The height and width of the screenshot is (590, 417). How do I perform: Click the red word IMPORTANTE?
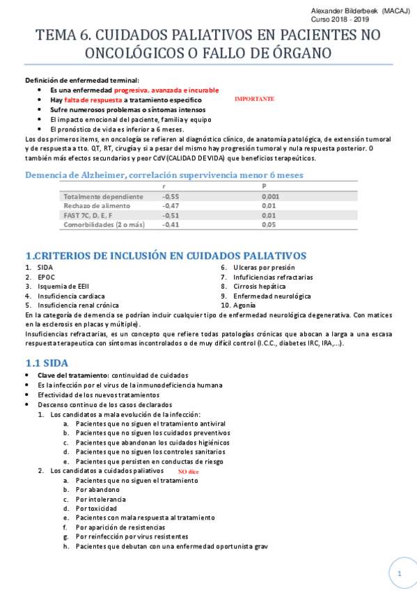(254, 99)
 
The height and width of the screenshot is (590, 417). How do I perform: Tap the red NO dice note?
(188, 472)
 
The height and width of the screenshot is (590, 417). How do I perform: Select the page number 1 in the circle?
(400, 573)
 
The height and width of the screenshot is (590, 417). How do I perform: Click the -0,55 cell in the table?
(171, 197)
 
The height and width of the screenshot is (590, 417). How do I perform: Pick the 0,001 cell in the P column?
(271, 197)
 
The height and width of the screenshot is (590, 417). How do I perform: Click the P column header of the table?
(264, 186)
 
